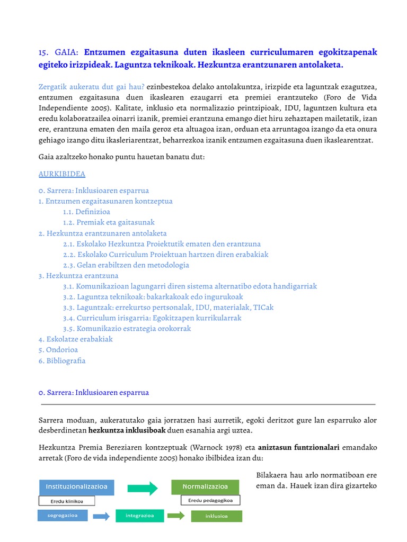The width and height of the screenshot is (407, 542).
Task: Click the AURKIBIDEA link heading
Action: (62, 174)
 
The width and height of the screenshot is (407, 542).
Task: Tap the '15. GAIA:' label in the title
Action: (58, 52)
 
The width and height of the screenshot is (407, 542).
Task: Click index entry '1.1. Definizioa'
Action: (86, 212)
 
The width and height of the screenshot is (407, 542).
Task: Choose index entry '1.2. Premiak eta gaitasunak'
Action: (109, 222)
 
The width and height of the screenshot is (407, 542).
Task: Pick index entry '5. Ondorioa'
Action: (58, 350)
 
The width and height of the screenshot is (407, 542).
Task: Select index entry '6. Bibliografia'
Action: (62, 361)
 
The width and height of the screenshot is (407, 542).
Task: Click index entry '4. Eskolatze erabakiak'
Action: (75, 339)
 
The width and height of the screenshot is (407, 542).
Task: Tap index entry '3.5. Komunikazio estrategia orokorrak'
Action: (127, 329)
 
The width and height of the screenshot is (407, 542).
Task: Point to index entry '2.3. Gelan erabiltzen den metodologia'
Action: (126, 265)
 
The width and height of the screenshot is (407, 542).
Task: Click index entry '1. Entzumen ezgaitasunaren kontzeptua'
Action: (105, 201)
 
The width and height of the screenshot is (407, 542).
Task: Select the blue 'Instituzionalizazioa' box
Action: (76, 486)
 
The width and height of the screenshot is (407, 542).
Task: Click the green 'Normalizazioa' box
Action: (205, 486)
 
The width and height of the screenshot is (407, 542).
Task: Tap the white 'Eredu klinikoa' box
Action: (67, 501)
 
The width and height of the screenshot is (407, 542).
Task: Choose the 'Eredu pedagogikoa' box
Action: (210, 500)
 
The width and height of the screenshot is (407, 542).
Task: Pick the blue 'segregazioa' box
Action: (62, 515)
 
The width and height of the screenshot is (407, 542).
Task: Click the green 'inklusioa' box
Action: (216, 516)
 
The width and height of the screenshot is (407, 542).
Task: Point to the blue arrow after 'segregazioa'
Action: (101, 516)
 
